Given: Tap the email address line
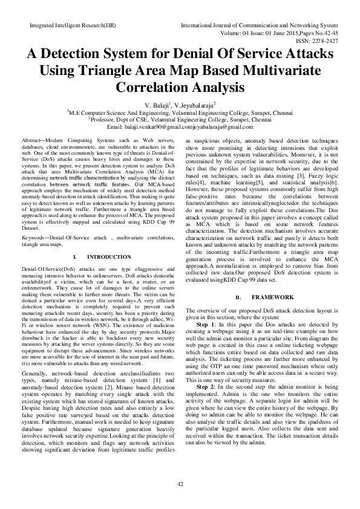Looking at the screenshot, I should [180, 127].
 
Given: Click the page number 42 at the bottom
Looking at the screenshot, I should [180, 485].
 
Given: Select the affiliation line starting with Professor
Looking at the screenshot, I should [180, 120].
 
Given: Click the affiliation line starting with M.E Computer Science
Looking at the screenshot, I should [180, 112].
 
